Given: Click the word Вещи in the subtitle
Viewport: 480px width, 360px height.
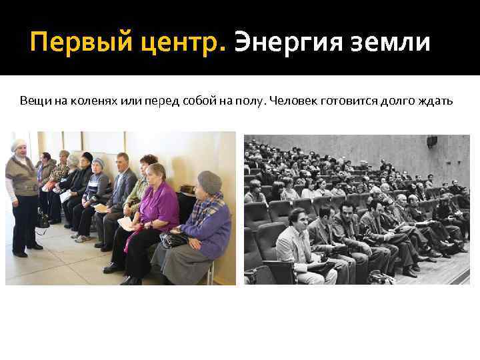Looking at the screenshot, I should [x=33, y=101].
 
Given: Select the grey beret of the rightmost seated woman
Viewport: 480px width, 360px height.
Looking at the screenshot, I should [x=209, y=181].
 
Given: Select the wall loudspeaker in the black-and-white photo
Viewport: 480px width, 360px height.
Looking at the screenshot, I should [x=432, y=141].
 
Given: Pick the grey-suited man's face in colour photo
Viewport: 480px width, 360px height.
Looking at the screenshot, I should [x=123, y=161].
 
